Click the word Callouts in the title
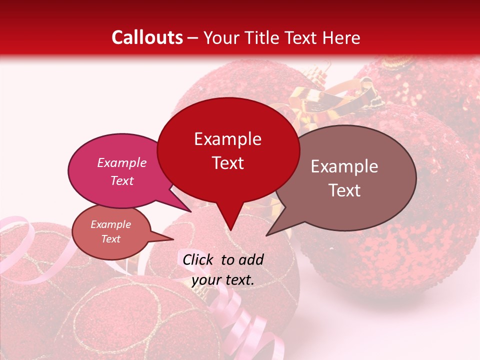point(147,37)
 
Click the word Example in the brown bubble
point(344,166)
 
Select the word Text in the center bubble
point(228,163)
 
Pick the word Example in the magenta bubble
point(122,162)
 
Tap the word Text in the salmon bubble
point(111,239)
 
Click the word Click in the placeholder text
point(198,259)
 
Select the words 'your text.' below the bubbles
point(223,280)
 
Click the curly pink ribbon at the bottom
point(240,320)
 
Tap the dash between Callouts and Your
point(193,37)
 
